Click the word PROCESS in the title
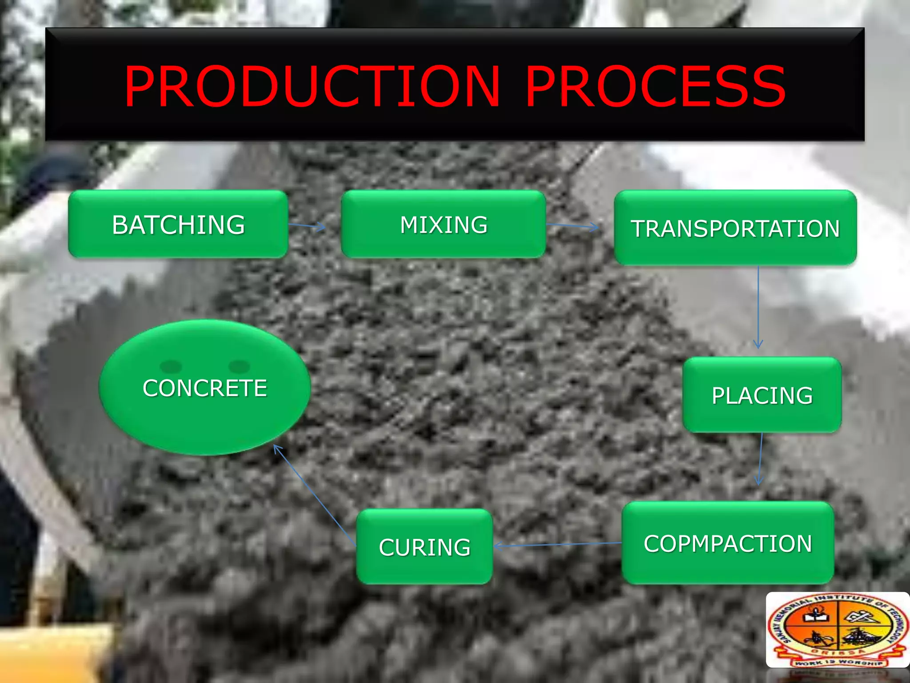656,86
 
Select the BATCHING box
178,225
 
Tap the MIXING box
443,225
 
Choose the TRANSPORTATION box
735,228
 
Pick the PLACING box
762,395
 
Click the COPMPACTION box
728,543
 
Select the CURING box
424,547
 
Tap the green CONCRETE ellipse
204,400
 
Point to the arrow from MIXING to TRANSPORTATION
573,226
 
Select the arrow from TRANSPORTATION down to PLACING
758,307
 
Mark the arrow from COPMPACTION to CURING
558,544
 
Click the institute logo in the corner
838,630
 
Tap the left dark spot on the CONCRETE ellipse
171,366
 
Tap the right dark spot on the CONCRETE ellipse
239,366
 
